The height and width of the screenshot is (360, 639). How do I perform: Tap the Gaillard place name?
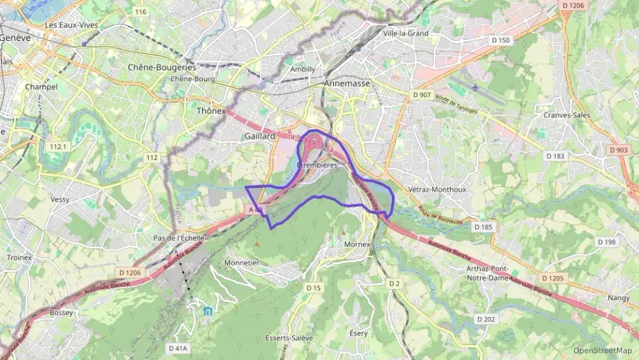point(259,137)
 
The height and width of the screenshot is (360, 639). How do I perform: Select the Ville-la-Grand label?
point(406,33)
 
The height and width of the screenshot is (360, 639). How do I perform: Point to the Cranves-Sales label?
point(567,115)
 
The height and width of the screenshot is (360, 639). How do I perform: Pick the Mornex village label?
point(356,244)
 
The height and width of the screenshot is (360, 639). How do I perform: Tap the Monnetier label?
point(242,262)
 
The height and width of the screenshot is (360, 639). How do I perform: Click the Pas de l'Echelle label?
point(179,238)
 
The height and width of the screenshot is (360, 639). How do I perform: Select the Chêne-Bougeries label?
point(162,68)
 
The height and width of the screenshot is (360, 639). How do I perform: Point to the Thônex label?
point(211,110)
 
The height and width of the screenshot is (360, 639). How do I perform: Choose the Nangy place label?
point(619,298)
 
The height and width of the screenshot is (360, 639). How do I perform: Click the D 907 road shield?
point(421,94)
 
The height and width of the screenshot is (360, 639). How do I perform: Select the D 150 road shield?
point(500,40)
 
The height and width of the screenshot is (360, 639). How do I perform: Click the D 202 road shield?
point(485,319)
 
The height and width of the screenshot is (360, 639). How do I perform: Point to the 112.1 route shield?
point(58,147)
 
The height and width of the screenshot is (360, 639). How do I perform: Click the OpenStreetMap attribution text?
point(603,350)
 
